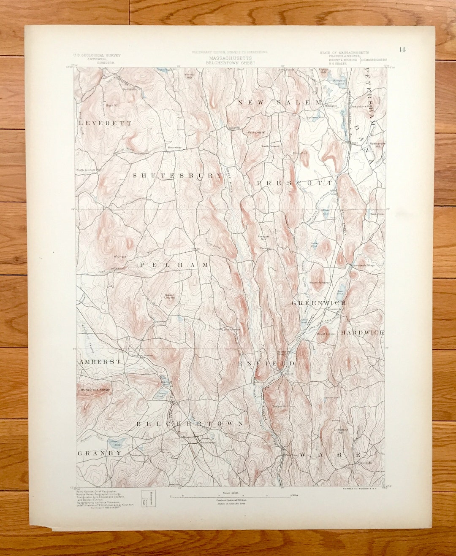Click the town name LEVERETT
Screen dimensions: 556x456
105,123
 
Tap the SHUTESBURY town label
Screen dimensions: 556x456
177,175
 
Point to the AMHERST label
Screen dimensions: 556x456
100,362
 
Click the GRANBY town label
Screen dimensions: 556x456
100,453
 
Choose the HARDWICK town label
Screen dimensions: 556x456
363,332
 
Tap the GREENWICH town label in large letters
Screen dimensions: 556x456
319,303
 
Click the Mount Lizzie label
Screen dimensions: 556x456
326,334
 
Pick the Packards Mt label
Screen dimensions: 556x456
256,132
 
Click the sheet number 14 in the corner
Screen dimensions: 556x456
402,49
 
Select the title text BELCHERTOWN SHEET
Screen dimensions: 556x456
230,62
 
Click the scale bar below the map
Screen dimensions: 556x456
231,497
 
